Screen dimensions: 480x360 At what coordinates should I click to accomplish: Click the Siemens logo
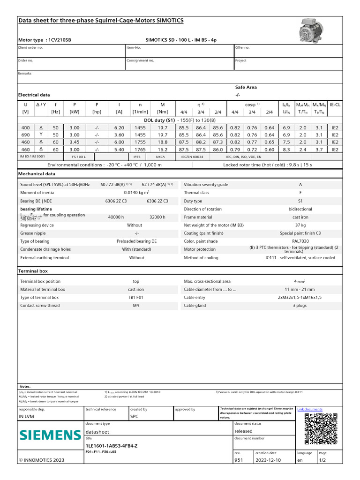click(x=50, y=435)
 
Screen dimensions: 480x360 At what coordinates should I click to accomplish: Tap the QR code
click(x=321, y=429)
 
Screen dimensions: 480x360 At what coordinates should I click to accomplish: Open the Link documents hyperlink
click(x=310, y=409)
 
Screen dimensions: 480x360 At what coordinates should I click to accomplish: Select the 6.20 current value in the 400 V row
click(x=119, y=127)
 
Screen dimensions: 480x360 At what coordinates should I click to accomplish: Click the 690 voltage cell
click(x=25, y=135)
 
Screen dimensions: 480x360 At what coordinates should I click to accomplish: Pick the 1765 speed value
click(x=140, y=149)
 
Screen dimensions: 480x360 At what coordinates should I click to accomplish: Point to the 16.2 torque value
click(x=163, y=149)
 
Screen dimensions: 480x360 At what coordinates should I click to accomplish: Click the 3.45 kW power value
click(x=75, y=142)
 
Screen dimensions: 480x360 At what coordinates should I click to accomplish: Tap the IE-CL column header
click(x=335, y=105)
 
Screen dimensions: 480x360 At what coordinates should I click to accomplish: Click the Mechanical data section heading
click(x=37, y=173)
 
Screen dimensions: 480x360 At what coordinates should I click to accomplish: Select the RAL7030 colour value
click(x=300, y=241)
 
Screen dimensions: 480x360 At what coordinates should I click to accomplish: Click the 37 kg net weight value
click(x=300, y=225)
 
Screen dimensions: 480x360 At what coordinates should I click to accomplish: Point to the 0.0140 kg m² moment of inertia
click(x=136, y=193)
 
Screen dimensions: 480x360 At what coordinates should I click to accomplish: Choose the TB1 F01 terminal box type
click(x=136, y=298)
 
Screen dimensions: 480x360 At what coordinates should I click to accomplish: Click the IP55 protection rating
click(x=137, y=157)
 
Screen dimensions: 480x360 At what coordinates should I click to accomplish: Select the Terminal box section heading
click(x=33, y=271)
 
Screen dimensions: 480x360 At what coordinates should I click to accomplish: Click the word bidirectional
click(x=300, y=209)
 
